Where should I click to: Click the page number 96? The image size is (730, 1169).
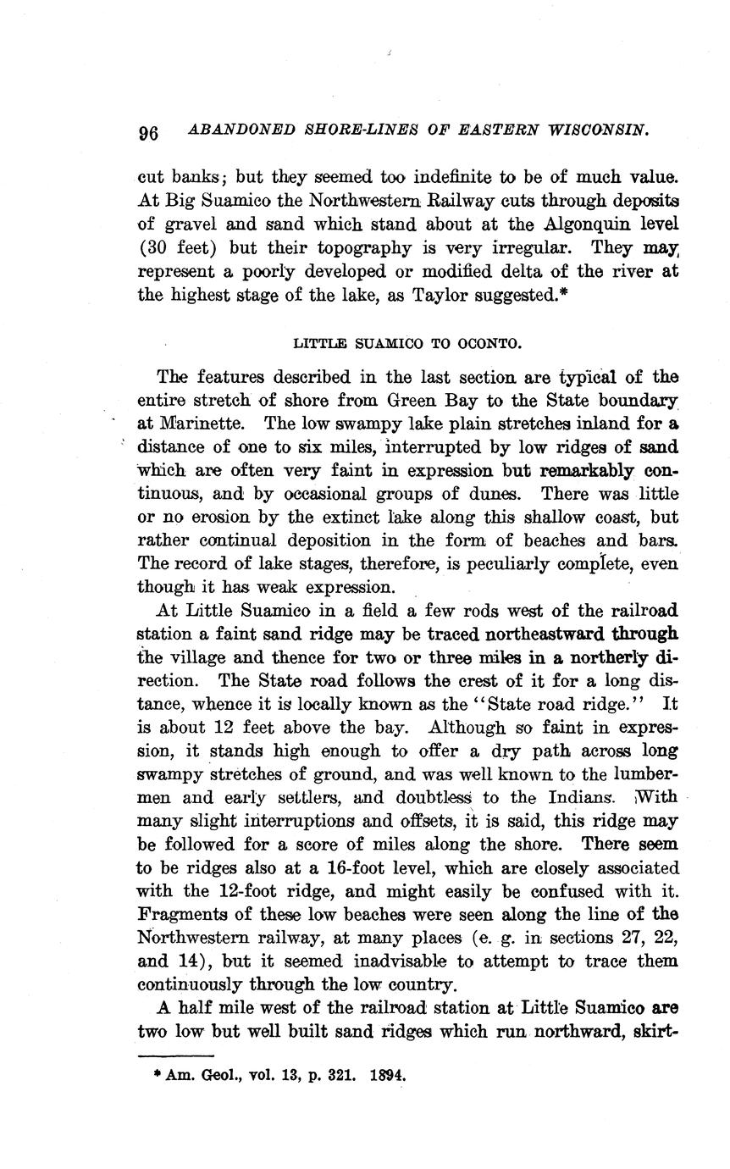pyautogui.click(x=148, y=134)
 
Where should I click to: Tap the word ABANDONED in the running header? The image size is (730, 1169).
pyautogui.click(x=241, y=130)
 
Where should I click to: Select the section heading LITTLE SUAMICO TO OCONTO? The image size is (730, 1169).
pyautogui.click(x=407, y=344)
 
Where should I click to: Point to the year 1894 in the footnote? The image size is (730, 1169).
pyautogui.click(x=389, y=1076)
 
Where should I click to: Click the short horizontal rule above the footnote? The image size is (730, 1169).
pyautogui.click(x=175, y=1056)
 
